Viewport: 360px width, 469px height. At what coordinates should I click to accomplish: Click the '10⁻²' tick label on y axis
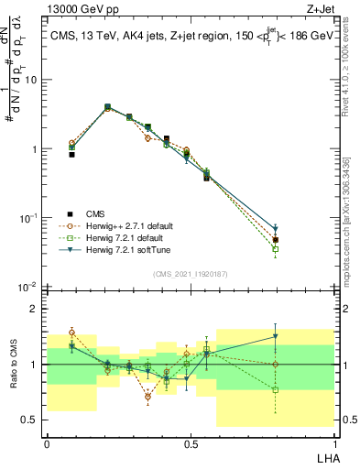pyautogui.click(x=30, y=287)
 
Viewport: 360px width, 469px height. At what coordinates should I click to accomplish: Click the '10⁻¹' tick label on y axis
pyautogui.click(x=30, y=218)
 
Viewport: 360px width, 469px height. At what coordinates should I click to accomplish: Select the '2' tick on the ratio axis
pyautogui.click(x=36, y=309)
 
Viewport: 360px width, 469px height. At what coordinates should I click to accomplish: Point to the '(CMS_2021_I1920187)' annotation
pyautogui.click(x=190, y=274)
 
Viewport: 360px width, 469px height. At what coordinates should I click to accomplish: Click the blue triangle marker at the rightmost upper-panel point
pyautogui.click(x=276, y=230)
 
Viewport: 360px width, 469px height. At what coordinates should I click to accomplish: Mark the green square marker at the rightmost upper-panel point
pyautogui.click(x=276, y=249)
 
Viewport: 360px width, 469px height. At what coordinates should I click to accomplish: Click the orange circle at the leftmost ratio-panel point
pyautogui.click(x=71, y=333)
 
